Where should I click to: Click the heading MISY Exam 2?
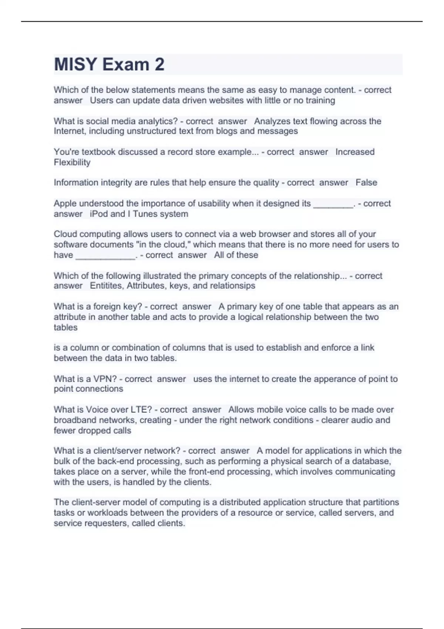[109, 64]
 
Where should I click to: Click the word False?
[366, 182]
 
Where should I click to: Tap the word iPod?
[99, 214]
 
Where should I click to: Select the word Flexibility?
[72, 162]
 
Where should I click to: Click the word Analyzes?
[272, 121]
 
